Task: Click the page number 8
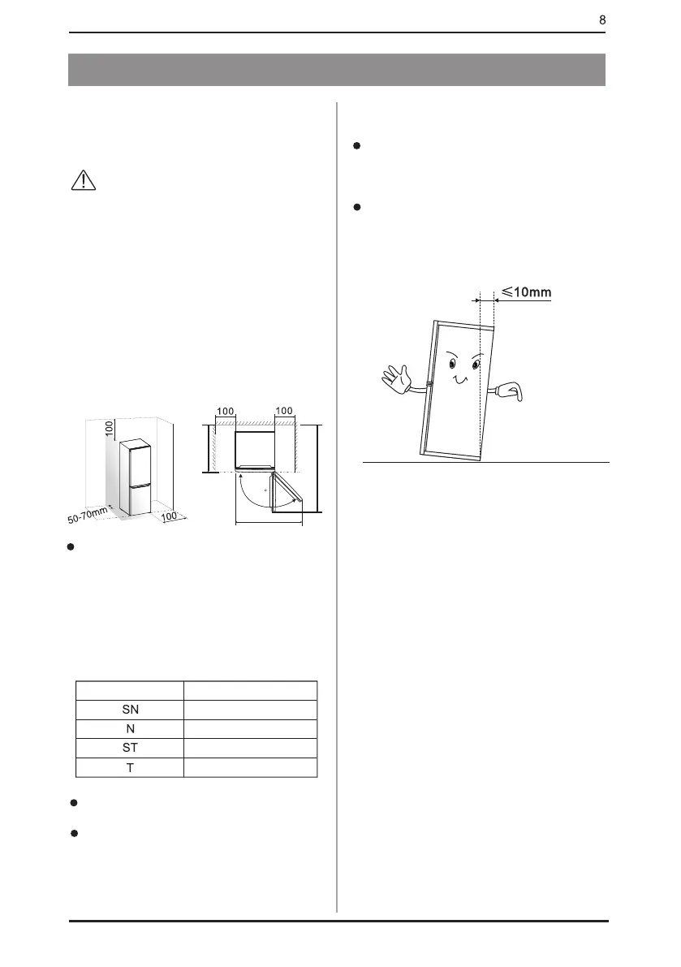(602, 19)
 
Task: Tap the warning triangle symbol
(83, 180)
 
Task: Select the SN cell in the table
(130, 710)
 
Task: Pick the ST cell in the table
(130, 748)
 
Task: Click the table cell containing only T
(130, 767)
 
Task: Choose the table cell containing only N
(130, 729)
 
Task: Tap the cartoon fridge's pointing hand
(511, 392)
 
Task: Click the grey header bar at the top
(338, 70)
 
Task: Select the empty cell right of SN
(250, 710)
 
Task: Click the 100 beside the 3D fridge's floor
(169, 516)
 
